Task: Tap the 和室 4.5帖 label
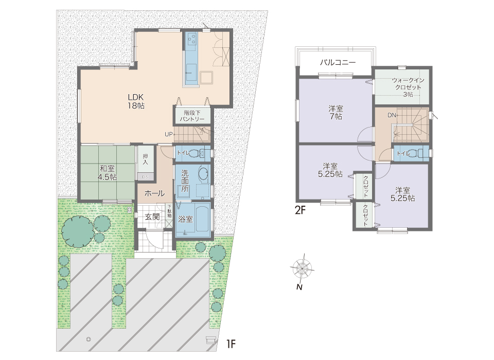[108, 172]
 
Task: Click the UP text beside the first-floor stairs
[168, 134]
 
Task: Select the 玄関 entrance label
[152, 217]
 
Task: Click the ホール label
[154, 193]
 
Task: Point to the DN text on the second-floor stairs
[391, 115]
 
